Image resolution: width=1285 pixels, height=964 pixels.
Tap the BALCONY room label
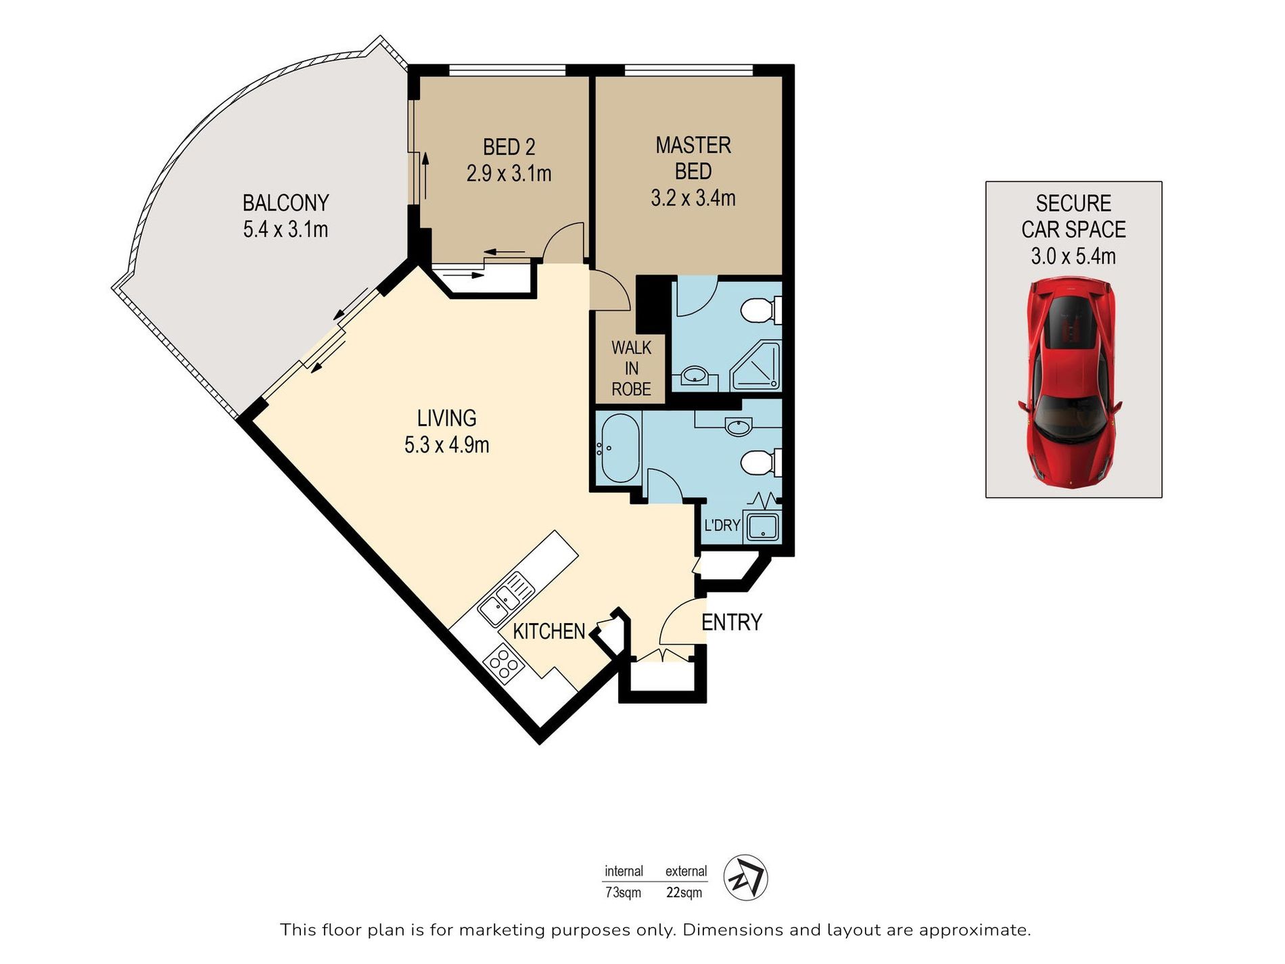tap(285, 203)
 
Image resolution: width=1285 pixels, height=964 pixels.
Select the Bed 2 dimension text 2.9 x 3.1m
tap(509, 174)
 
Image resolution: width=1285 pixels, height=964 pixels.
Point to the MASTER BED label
tap(693, 158)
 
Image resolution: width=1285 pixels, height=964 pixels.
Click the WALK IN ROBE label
tap(631, 369)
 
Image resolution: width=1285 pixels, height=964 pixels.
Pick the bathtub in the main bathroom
tap(620, 448)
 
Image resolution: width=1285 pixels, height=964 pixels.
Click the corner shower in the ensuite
tap(755, 365)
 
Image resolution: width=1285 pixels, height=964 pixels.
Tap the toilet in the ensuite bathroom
tap(761, 311)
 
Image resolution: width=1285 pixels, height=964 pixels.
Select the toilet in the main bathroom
tap(761, 463)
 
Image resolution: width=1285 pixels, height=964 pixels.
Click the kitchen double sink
tap(505, 599)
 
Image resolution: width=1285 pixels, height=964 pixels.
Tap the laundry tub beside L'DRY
tap(762, 527)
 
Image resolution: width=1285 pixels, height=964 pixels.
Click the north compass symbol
tap(745, 877)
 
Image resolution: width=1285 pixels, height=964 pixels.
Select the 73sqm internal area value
tap(623, 892)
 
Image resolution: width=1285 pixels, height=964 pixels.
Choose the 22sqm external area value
tap(684, 892)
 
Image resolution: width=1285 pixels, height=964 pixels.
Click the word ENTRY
tap(732, 622)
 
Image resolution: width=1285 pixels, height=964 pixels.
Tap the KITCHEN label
tap(548, 631)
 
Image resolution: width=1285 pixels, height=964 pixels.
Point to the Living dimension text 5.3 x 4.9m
tap(446, 445)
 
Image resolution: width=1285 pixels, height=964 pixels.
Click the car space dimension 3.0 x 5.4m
tap(1073, 256)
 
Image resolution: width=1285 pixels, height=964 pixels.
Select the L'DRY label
tap(722, 525)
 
